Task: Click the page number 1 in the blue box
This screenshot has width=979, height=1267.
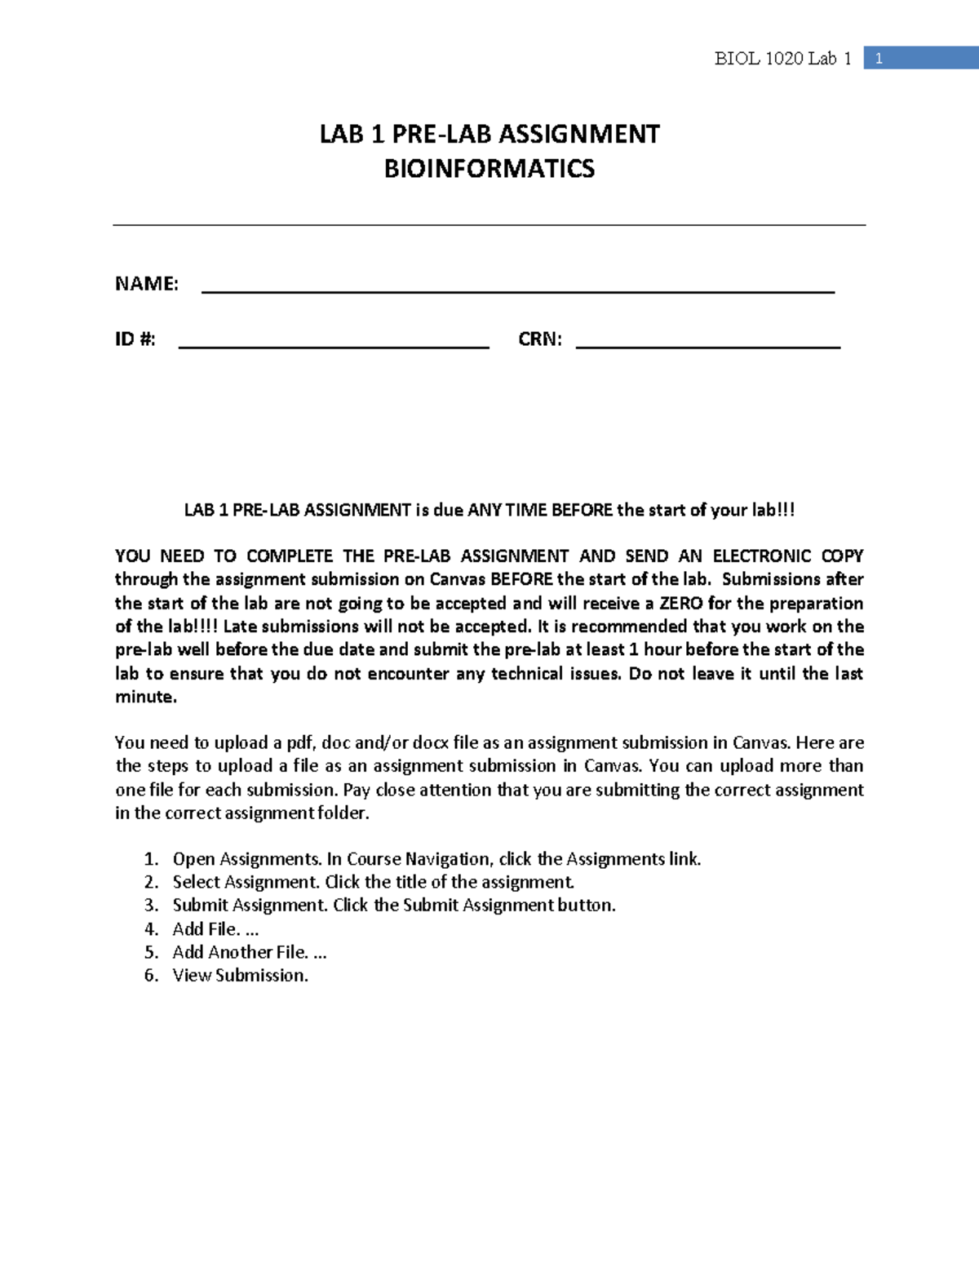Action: [x=879, y=58]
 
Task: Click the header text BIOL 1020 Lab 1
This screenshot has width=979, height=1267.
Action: [x=782, y=58]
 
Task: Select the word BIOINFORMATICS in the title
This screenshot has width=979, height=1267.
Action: [x=489, y=169]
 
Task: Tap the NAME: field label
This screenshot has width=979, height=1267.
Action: [x=146, y=284]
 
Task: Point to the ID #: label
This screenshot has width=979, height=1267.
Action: [x=135, y=339]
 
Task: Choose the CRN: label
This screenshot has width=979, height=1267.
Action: [x=539, y=339]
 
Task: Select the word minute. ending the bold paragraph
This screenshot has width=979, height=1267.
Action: [x=145, y=698]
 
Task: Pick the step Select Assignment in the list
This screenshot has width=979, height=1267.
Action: [x=246, y=882]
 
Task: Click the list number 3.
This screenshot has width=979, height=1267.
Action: [x=150, y=906]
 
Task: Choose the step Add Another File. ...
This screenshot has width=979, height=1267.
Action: [x=240, y=952]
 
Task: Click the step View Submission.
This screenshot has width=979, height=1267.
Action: [x=240, y=976]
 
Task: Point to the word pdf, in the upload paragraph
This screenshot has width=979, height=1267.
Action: [x=301, y=743]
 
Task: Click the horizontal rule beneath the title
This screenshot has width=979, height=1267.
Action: [x=489, y=225]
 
